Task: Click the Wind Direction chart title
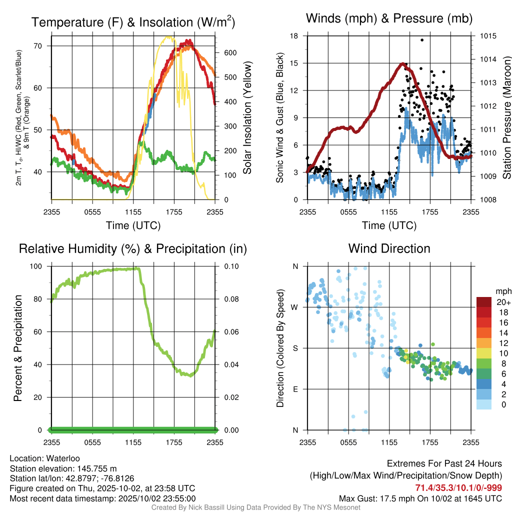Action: click(389, 248)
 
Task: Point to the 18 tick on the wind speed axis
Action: click(294, 36)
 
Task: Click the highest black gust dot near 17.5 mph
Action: click(422, 40)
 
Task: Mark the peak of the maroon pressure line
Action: click(402, 64)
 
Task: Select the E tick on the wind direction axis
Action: click(295, 389)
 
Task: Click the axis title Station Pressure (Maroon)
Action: click(506, 118)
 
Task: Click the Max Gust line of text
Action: click(420, 498)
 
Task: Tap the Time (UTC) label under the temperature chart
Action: click(133, 225)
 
